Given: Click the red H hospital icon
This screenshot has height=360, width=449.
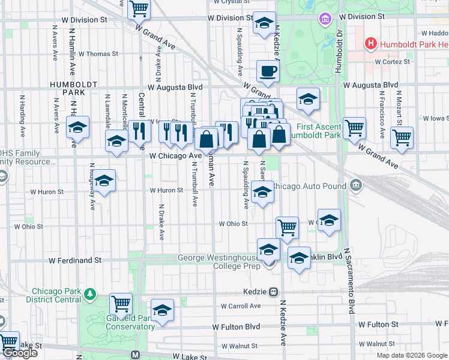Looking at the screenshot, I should pyautogui.click(x=371, y=44).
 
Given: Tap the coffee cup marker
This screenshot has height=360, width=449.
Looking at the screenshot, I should pyautogui.click(x=268, y=71).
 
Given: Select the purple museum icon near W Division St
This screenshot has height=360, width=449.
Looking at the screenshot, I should pyautogui.click(x=325, y=19).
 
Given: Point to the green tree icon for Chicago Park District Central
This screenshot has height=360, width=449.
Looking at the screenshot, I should pyautogui.click(x=89, y=294).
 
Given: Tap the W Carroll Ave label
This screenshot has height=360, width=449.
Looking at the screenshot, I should pyautogui.click(x=240, y=305).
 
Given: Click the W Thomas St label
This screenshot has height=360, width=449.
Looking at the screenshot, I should pyautogui.click(x=98, y=53).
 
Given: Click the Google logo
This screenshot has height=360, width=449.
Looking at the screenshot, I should pyautogui.click(x=20, y=353).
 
